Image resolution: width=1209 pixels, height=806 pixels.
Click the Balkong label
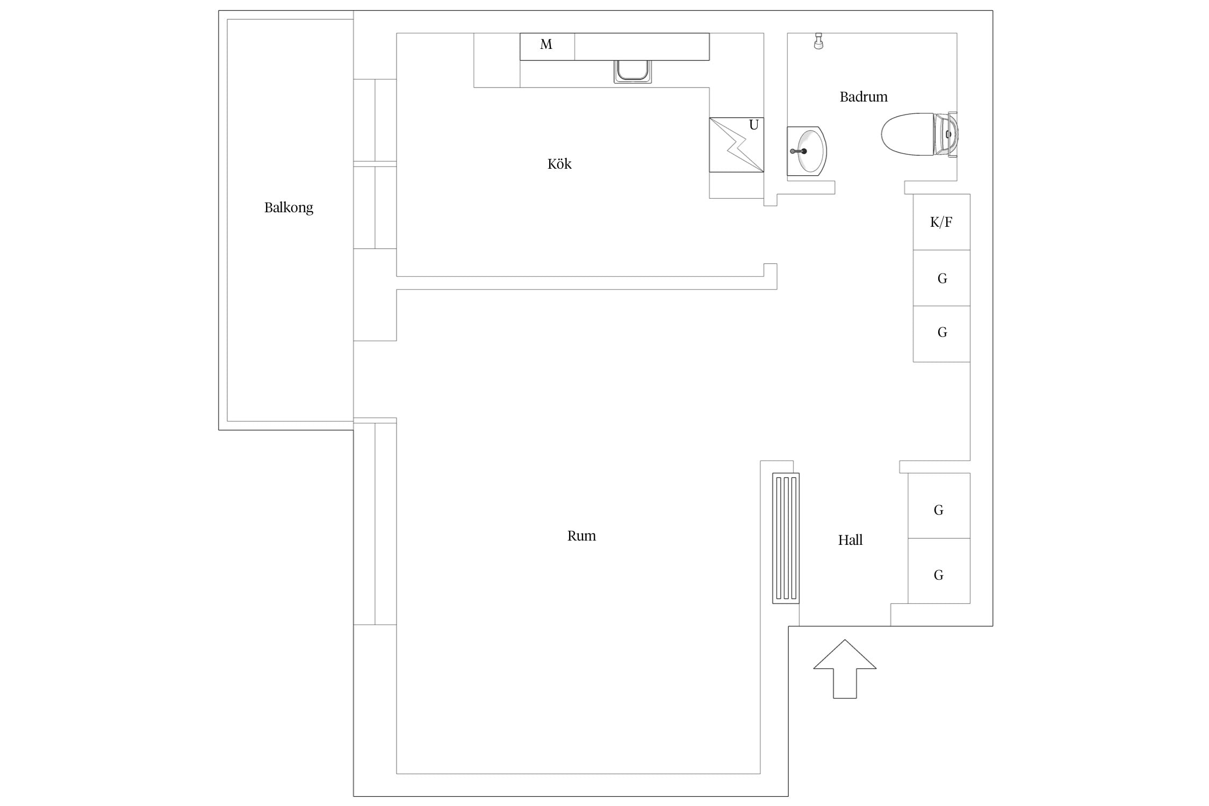[289, 208]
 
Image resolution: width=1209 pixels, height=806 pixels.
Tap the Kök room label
[559, 164]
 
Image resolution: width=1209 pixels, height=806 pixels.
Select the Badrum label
[863, 97]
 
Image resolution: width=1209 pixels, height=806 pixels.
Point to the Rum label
[581, 536]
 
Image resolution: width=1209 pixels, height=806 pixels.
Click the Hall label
[850, 540]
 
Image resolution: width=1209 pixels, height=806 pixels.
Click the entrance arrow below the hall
[845, 669]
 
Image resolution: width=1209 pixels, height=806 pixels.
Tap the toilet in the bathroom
[919, 134]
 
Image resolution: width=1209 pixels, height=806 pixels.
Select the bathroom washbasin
[807, 152]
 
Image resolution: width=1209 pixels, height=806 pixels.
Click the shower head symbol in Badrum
[818, 41]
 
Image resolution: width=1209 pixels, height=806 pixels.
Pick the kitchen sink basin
[633, 71]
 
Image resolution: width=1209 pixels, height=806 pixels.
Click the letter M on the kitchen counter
[546, 45]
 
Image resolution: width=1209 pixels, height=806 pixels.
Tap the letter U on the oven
[754, 125]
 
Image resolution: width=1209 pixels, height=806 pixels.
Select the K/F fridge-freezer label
[941, 222]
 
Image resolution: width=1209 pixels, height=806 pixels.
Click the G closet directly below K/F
[942, 278]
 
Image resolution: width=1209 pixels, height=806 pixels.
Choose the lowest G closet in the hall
[939, 571]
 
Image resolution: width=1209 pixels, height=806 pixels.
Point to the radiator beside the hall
[786, 538]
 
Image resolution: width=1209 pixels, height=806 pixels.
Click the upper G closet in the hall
[939, 506]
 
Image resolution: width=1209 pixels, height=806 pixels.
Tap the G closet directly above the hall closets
[942, 334]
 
